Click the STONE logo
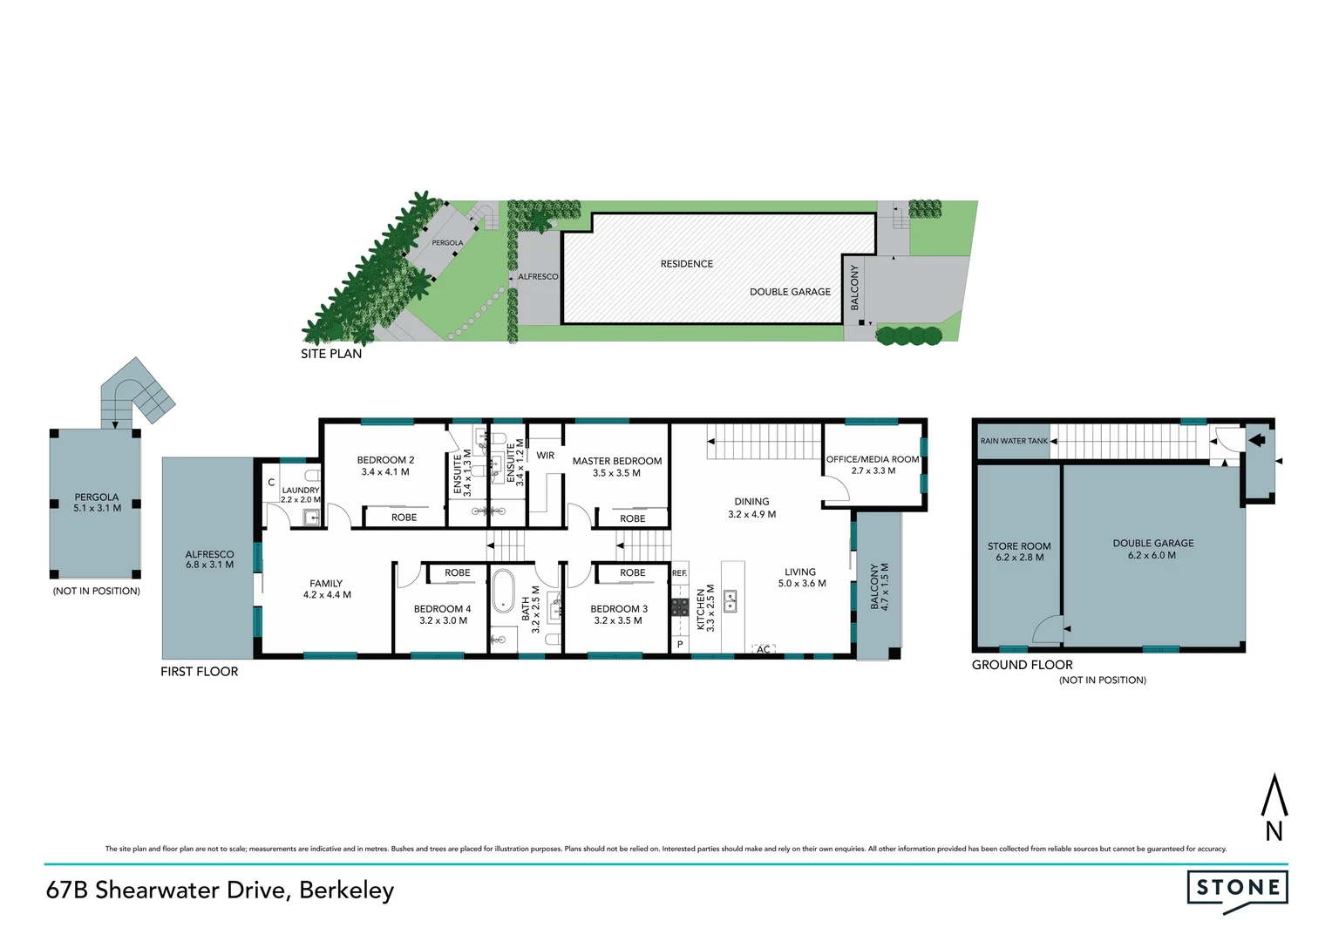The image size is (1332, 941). (1237, 889)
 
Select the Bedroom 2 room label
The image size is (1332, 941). (385, 460)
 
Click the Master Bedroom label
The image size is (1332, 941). (617, 461)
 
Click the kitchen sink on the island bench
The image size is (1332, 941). (731, 600)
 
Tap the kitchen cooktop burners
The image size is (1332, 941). (680, 606)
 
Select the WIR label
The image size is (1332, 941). (546, 456)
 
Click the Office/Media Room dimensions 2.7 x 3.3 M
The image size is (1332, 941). (873, 471)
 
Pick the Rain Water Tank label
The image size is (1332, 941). (1014, 441)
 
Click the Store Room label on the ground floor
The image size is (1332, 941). (1019, 546)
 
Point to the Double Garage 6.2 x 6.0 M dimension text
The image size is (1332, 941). (1152, 555)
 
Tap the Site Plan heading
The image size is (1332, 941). (331, 354)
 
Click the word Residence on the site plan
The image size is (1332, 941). (687, 264)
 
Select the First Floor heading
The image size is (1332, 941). (199, 672)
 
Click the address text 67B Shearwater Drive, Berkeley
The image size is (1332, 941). (220, 890)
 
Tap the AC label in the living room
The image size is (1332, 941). (764, 649)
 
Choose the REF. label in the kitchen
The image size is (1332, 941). (680, 573)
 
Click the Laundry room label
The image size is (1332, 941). (301, 491)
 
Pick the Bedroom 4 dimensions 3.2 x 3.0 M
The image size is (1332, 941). (443, 621)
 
